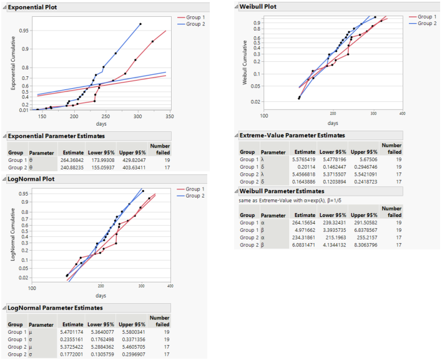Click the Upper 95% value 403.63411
tap(132, 167)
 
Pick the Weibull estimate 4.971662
tap(304, 229)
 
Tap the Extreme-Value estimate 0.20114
tap(305, 167)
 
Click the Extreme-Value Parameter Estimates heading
tap(292, 135)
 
